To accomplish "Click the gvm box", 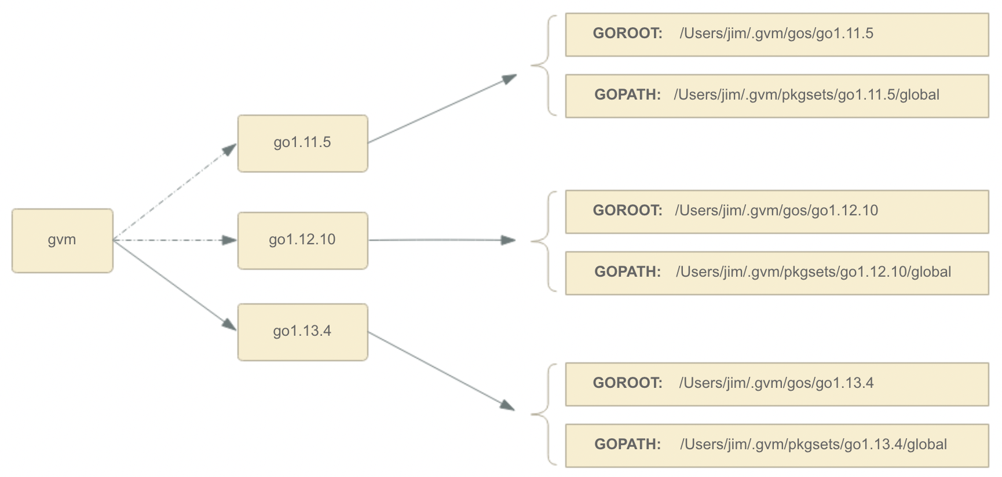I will [x=62, y=240].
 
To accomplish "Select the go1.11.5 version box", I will [x=302, y=143].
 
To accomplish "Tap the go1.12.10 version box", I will [x=302, y=240].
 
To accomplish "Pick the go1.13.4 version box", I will [x=302, y=332].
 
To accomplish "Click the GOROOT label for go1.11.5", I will [x=627, y=34].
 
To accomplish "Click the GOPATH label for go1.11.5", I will [x=627, y=95].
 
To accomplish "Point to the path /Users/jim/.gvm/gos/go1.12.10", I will [x=776, y=211].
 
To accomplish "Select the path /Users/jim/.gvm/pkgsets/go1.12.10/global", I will [x=813, y=272].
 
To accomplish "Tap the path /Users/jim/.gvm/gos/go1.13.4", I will [x=776, y=383].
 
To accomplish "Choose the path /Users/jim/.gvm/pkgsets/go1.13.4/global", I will [x=813, y=445].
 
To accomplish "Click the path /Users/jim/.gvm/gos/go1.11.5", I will [x=776, y=34].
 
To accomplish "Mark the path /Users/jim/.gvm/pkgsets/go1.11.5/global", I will [x=806, y=95].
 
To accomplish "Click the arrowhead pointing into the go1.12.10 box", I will [x=230, y=240].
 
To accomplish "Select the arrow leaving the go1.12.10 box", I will [x=440, y=240].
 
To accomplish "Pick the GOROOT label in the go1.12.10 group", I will [x=627, y=211].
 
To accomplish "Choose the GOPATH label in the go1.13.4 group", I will [x=627, y=445].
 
